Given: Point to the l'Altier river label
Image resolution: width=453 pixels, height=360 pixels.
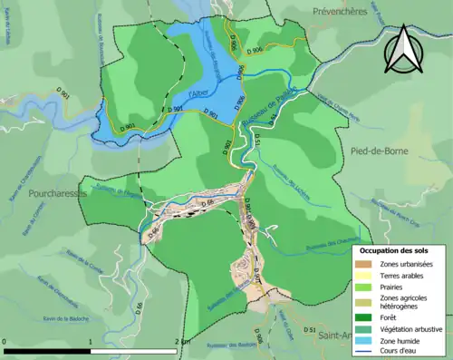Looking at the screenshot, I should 201,93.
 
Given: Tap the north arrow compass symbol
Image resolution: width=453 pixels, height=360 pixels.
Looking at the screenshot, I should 405,50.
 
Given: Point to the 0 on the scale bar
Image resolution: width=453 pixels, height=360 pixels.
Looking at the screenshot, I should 5,342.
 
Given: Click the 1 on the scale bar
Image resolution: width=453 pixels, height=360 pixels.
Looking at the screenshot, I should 91,342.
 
